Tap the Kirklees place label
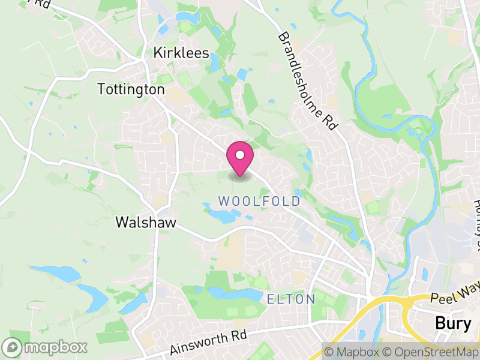[181, 53]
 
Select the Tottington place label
[131, 89]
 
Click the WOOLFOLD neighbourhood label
[259, 201]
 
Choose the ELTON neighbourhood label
[291, 299]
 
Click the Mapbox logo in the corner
[46, 347]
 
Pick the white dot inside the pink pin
[240, 154]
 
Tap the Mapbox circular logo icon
[12, 347]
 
